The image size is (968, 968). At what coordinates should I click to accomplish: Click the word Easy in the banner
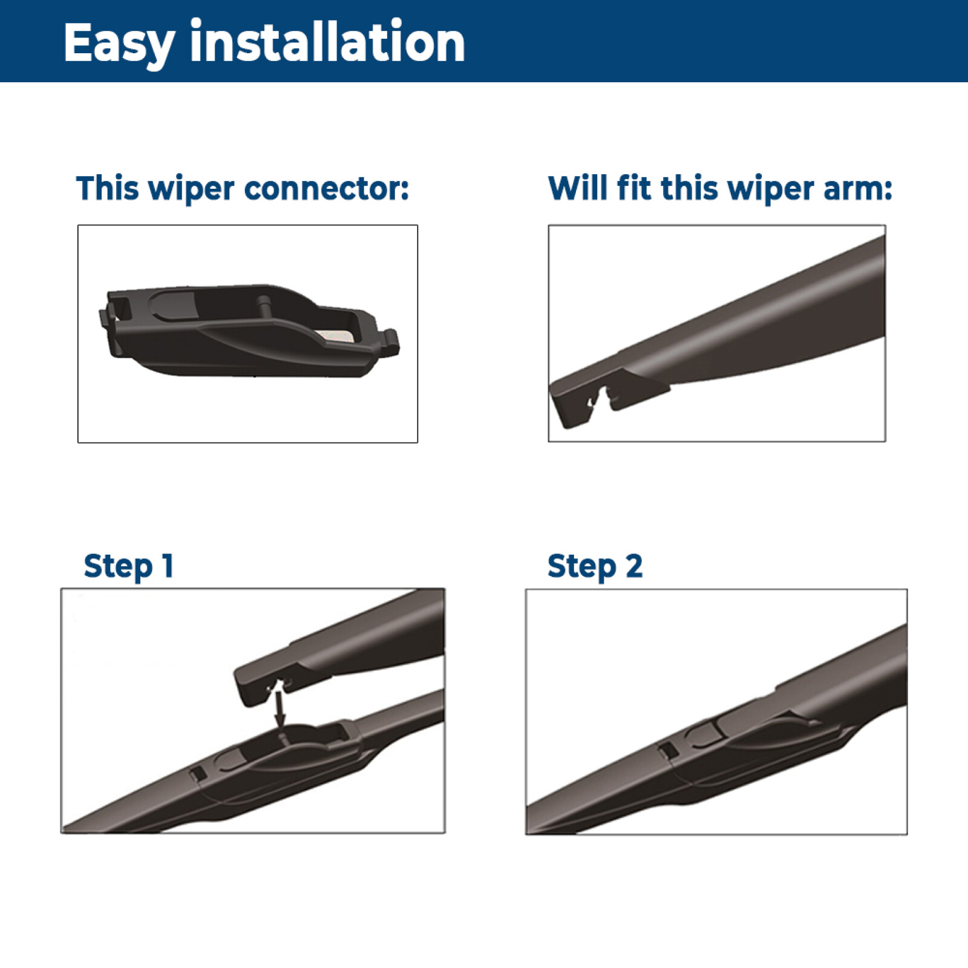(x=119, y=44)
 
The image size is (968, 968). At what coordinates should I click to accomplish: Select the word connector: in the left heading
(x=327, y=189)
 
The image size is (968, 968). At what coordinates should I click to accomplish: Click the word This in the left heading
(x=108, y=188)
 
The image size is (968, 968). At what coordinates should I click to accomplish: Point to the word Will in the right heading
(x=577, y=188)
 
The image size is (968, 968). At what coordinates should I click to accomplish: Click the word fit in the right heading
(x=635, y=188)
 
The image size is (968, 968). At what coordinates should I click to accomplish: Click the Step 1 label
(x=129, y=567)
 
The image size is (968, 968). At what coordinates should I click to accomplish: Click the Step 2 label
(x=595, y=567)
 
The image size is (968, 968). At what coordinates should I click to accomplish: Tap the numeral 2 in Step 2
(x=634, y=566)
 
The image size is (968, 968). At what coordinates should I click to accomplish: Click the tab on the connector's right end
(x=390, y=341)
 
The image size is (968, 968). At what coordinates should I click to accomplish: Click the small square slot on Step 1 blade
(x=197, y=774)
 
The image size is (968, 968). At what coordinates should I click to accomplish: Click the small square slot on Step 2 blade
(x=666, y=751)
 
